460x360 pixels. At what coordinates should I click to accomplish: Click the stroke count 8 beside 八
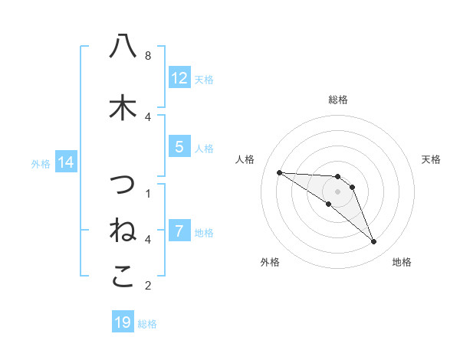148,55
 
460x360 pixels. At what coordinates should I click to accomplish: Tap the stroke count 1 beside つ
148,193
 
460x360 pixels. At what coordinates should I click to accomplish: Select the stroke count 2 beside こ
148,286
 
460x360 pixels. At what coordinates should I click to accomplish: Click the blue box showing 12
179,78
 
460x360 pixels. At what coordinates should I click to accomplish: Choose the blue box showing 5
179,147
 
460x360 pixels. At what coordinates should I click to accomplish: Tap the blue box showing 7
179,231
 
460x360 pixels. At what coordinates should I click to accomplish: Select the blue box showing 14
66,162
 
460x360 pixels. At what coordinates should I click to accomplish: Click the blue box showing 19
123,322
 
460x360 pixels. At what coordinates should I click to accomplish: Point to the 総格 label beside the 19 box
147,324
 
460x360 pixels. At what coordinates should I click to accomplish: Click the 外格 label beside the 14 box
41,163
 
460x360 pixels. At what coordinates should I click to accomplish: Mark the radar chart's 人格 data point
279,172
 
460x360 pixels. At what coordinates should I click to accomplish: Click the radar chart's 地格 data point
374,242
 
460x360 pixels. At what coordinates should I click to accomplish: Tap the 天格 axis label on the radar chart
431,159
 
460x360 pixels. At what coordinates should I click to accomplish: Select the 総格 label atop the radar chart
337,100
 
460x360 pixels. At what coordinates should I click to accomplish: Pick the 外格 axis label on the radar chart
270,262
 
